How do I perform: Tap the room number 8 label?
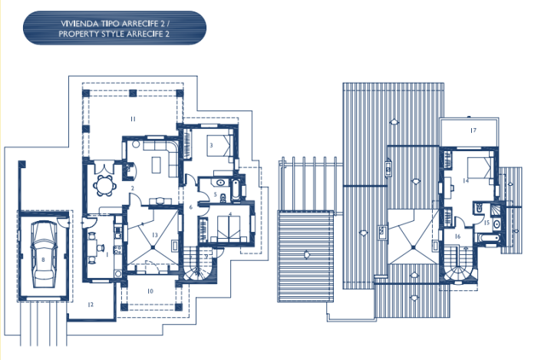point(43,260)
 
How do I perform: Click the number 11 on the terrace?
point(133,119)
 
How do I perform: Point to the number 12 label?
point(90,305)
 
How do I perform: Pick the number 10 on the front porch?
point(150,291)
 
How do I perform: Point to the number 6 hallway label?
point(190,207)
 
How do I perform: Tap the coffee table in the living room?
point(161,163)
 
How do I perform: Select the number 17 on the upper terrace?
point(473,130)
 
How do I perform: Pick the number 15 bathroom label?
point(487,222)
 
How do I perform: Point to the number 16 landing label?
point(457,236)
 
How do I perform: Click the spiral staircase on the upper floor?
point(463,272)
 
